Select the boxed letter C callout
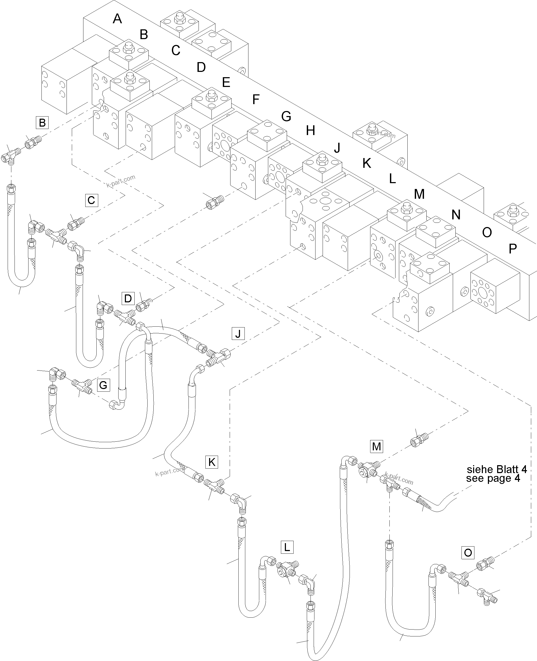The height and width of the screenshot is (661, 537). click(x=91, y=200)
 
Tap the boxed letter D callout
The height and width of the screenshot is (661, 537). click(x=128, y=298)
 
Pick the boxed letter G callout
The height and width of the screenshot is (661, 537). click(x=103, y=385)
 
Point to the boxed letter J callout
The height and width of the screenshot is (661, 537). click(x=238, y=334)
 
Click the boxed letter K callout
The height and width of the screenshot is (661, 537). click(x=211, y=462)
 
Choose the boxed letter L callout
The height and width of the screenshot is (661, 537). click(x=287, y=547)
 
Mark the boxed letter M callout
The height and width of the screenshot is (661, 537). click(x=376, y=446)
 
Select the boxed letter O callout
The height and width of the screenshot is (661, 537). click(x=468, y=552)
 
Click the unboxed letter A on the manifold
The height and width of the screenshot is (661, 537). click(x=117, y=19)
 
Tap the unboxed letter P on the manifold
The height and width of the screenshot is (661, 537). click(x=512, y=248)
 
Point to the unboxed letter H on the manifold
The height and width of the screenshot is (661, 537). click(x=310, y=131)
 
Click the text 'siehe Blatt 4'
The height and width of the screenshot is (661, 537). click(x=497, y=469)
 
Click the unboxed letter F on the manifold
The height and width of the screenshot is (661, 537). click(x=256, y=99)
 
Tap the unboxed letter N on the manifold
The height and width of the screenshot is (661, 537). click(x=456, y=215)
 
